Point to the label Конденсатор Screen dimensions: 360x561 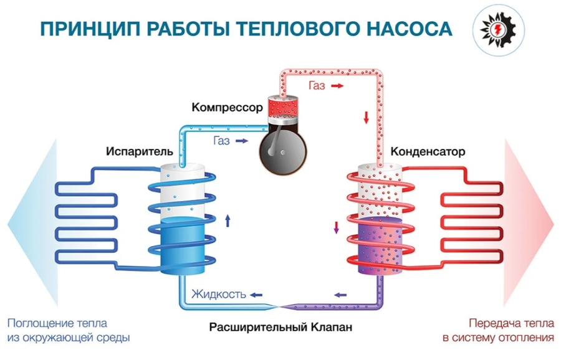tap(428, 151)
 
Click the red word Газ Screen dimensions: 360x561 tap(317, 86)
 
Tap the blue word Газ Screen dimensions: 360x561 tap(221, 141)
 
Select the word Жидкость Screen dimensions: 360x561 tap(219, 294)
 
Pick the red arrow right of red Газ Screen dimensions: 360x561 tap(337, 86)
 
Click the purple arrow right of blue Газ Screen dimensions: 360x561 tap(242, 141)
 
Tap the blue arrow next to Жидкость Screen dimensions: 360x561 tap(256, 295)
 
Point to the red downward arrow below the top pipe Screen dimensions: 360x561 tap(366, 116)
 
